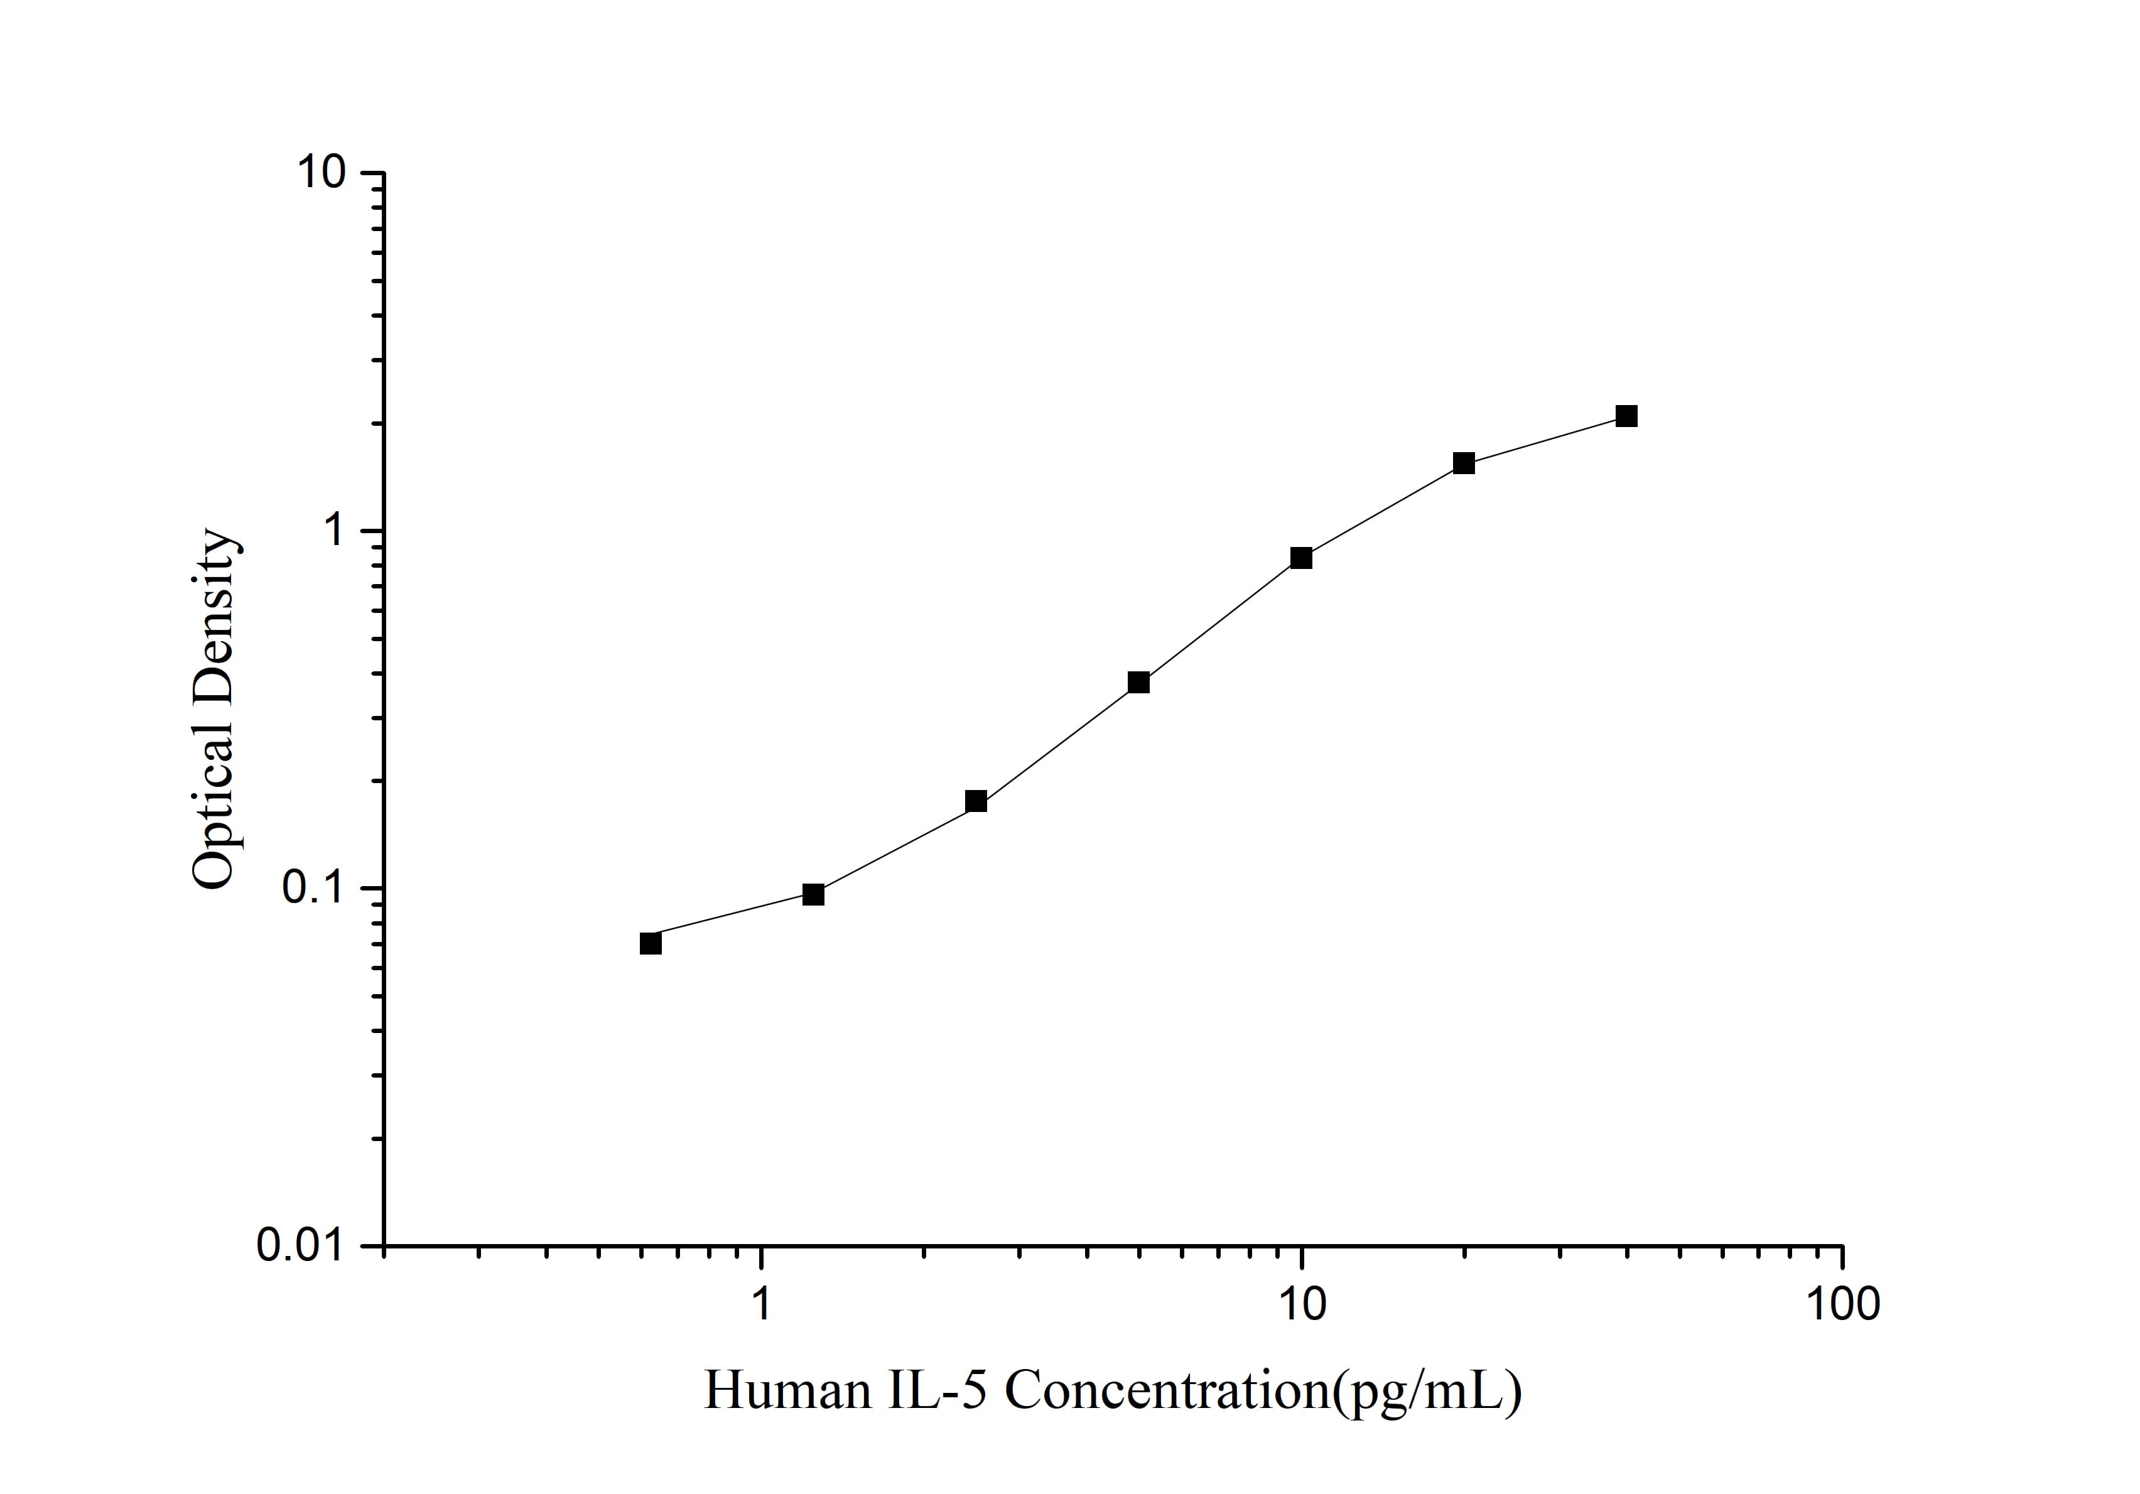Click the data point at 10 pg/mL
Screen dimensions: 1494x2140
click(1301, 558)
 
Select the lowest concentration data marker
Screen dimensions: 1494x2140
click(651, 943)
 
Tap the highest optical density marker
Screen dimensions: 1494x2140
click(1626, 416)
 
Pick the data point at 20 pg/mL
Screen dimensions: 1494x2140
click(1464, 463)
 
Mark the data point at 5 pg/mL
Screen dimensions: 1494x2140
click(1138, 682)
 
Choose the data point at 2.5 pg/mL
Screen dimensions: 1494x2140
click(976, 801)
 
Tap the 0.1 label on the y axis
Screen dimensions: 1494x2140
click(311, 888)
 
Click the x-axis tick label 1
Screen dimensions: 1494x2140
click(762, 1303)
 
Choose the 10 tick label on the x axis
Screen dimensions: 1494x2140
click(1301, 1303)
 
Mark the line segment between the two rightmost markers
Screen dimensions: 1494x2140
click(1545, 440)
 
